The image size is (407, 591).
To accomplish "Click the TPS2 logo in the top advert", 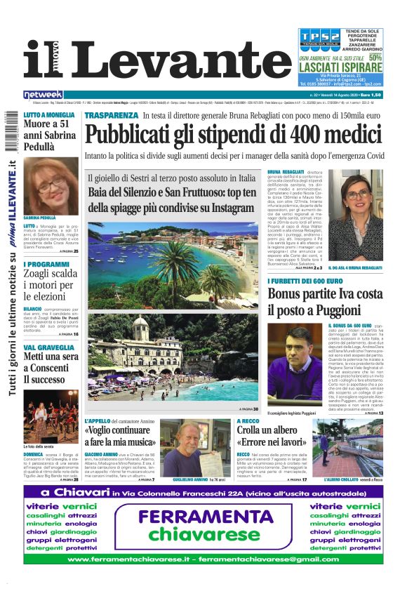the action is [x=320, y=37].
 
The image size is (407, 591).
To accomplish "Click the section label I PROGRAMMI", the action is [x=46, y=265].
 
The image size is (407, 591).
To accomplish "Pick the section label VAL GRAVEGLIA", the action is [x=48, y=347].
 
